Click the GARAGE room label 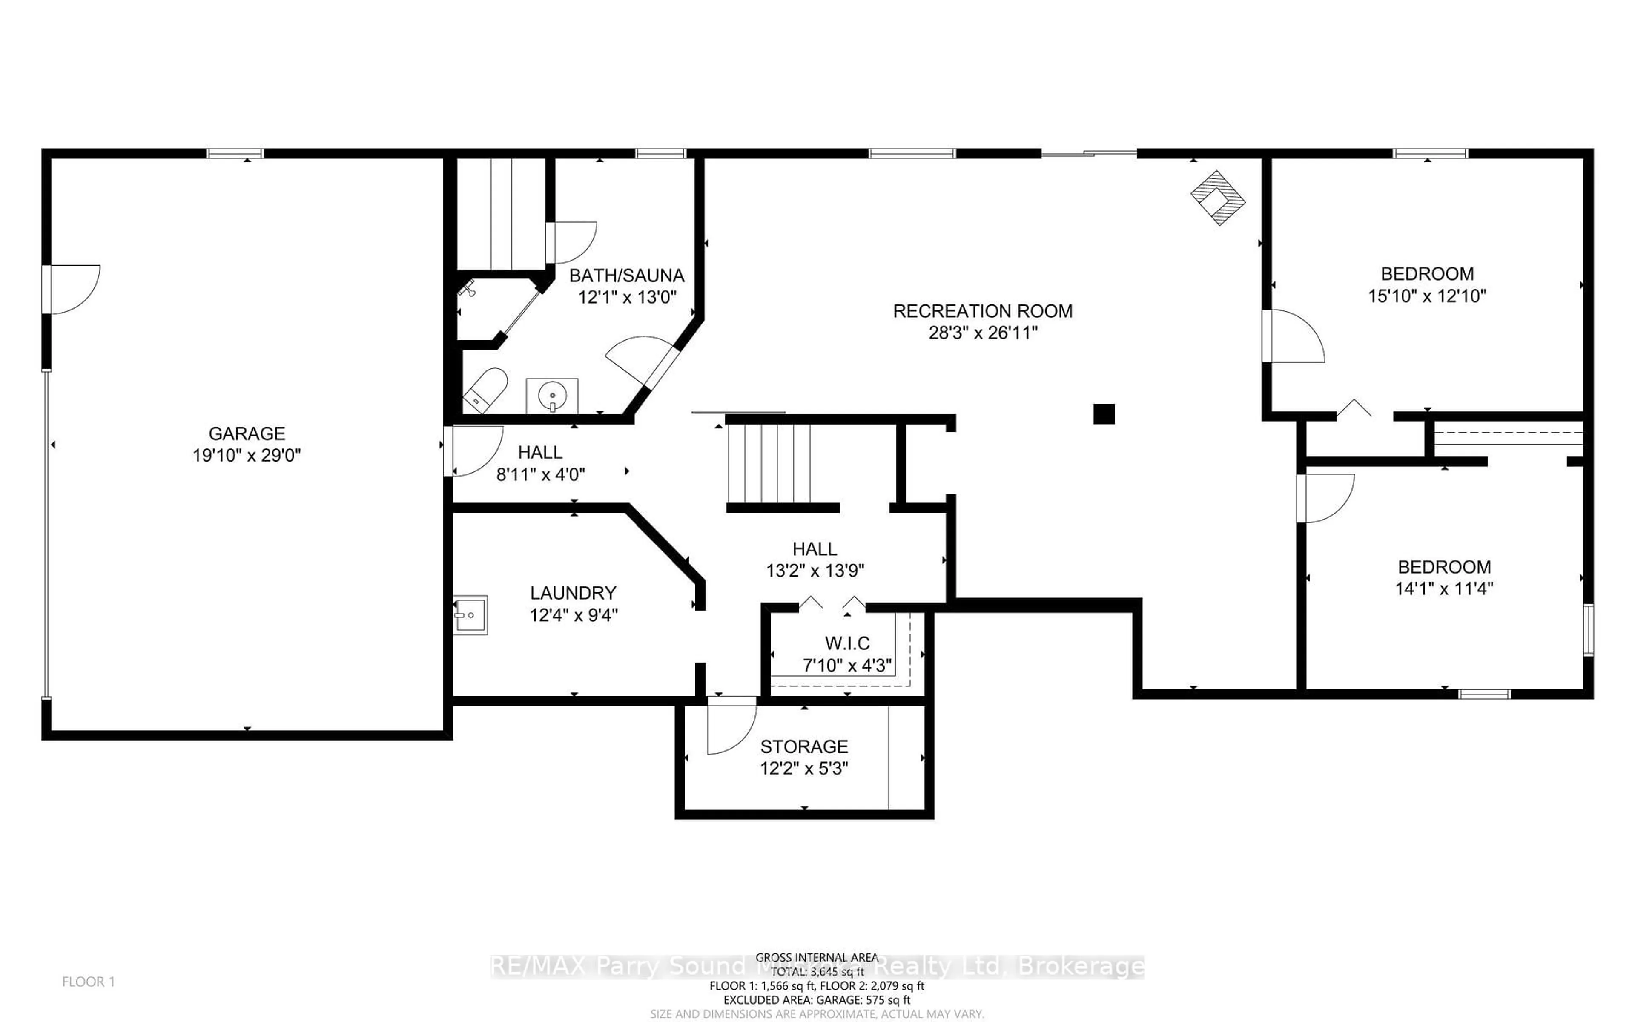[x=247, y=433]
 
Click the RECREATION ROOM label [x=982, y=311]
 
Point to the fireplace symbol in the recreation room [x=1217, y=197]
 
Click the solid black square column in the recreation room [x=1103, y=413]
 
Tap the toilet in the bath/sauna [x=485, y=390]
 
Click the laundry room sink [x=470, y=615]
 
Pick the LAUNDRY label [x=573, y=593]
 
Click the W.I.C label [x=847, y=643]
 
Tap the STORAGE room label [x=804, y=746]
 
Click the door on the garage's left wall [x=71, y=289]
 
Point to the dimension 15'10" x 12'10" [x=1427, y=296]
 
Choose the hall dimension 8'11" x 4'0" [x=540, y=474]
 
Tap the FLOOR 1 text [x=89, y=982]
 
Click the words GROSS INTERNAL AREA [x=817, y=957]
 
